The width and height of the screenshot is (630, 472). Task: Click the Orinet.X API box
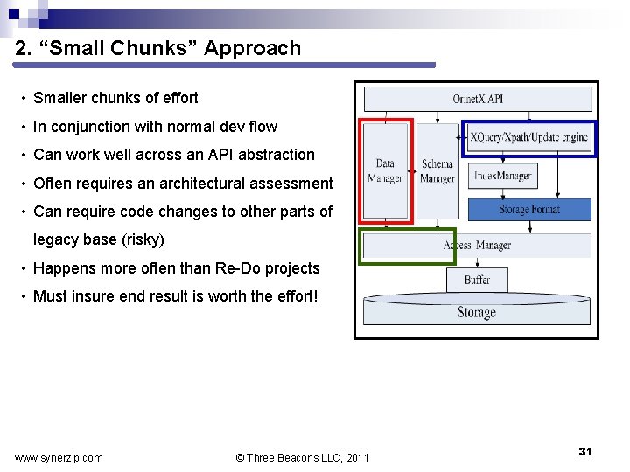(x=477, y=99)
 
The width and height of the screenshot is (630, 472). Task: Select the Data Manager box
(x=385, y=170)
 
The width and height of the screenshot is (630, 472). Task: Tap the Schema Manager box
(x=437, y=170)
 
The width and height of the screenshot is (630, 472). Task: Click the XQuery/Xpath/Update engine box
(x=528, y=138)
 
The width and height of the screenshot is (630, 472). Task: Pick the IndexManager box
(x=502, y=176)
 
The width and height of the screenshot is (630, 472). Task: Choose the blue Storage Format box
(x=529, y=210)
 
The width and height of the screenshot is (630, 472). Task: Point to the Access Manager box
(x=477, y=246)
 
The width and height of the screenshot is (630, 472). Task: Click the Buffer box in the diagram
(x=477, y=280)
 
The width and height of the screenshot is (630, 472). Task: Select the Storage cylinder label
(x=477, y=312)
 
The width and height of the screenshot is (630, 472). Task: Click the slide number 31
(x=585, y=451)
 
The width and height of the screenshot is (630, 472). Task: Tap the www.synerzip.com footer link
(x=59, y=457)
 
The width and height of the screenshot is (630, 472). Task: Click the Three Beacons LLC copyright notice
(x=303, y=457)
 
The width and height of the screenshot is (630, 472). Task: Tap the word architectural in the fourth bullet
(x=187, y=184)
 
